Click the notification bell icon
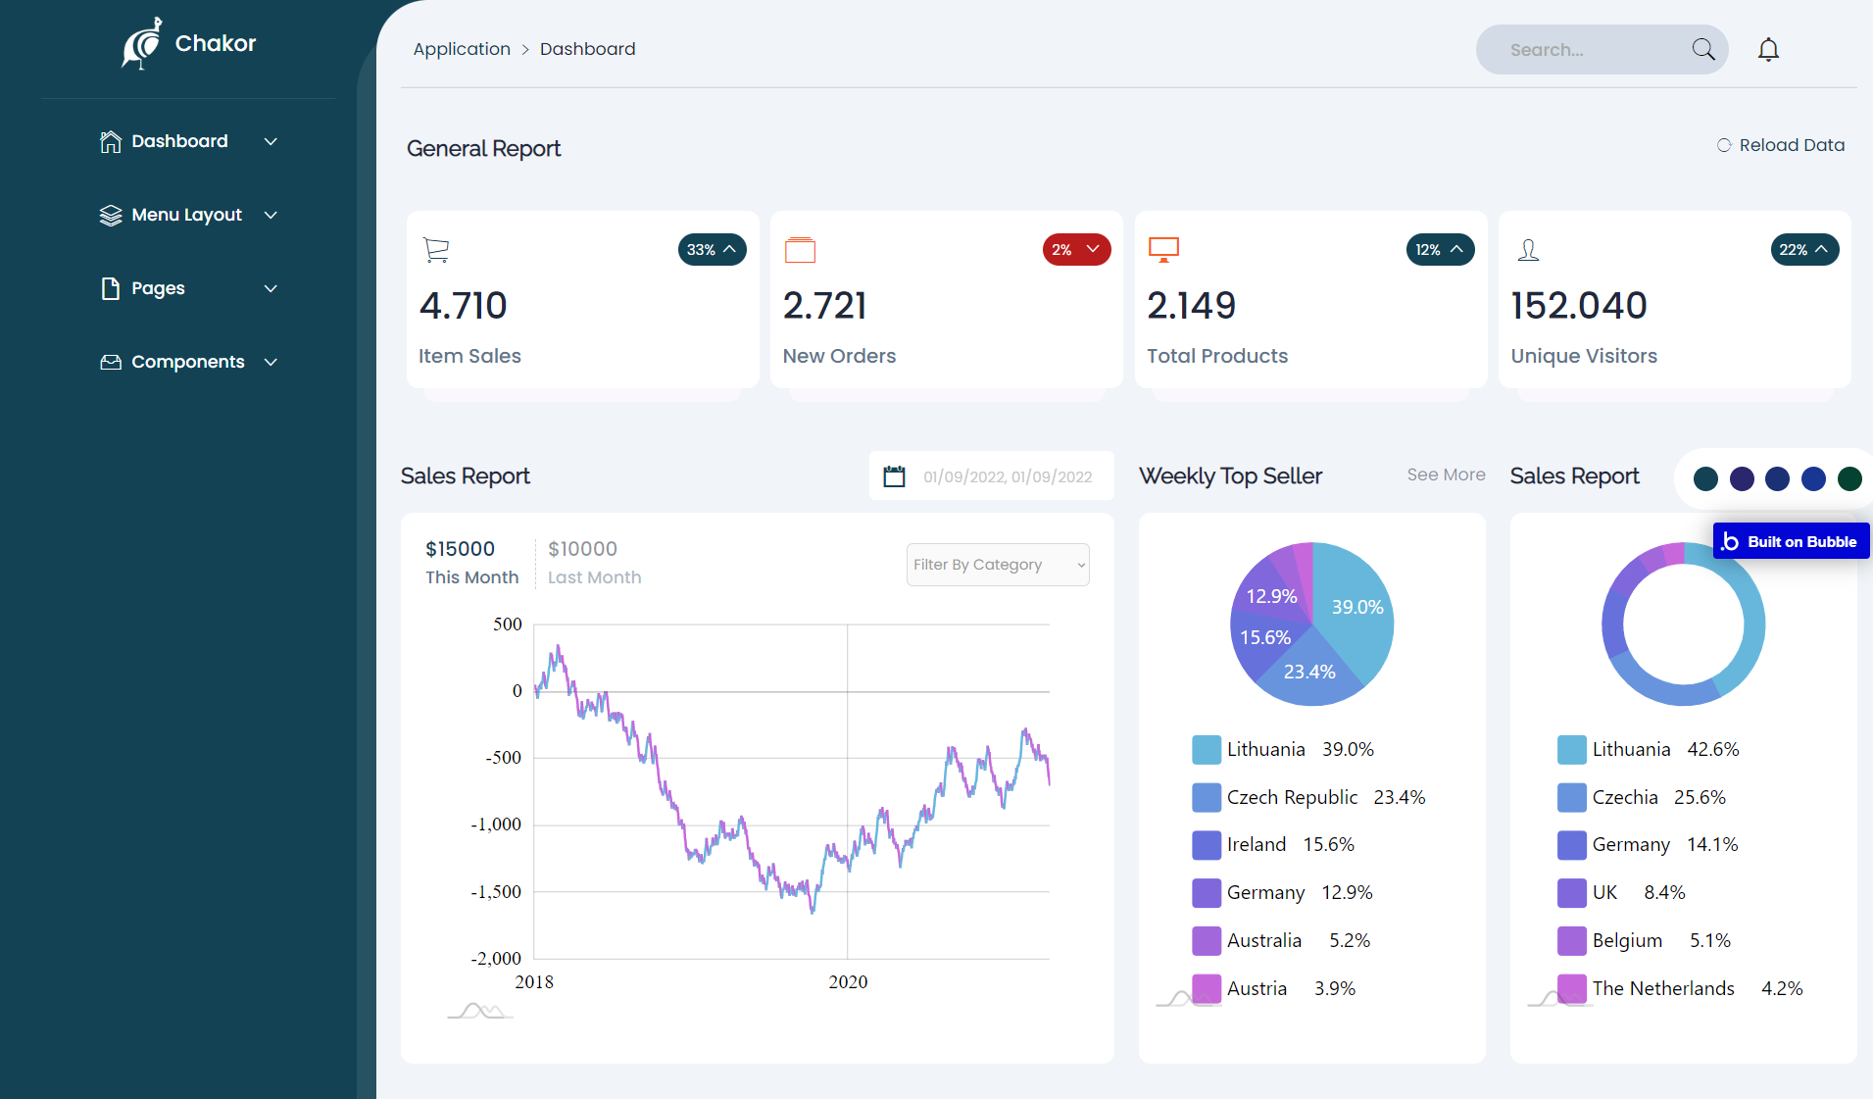[1768, 49]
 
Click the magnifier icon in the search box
[1703, 49]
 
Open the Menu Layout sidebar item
[187, 215]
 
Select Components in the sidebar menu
[187, 362]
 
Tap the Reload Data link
[1781, 145]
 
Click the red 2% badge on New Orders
[1076, 249]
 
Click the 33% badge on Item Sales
[712, 249]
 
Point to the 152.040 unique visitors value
[1578, 306]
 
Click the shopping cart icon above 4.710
[436, 250]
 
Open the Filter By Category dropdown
[997, 565]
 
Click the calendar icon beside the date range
[894, 476]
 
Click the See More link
[1446, 475]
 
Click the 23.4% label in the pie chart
[1309, 672]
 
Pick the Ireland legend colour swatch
[1207, 844]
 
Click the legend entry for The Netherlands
[1663, 988]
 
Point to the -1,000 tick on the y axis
[496, 824]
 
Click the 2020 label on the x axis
[848, 981]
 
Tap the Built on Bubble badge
[1791, 541]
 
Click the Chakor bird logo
[142, 44]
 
